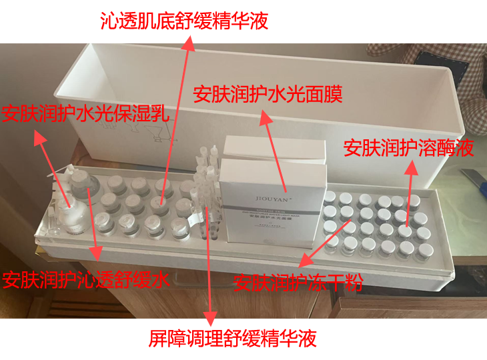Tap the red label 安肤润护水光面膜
coord(268,95)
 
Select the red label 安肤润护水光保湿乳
coord(85,115)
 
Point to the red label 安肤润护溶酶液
coord(408,148)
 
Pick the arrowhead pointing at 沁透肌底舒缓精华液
coord(189,43)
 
